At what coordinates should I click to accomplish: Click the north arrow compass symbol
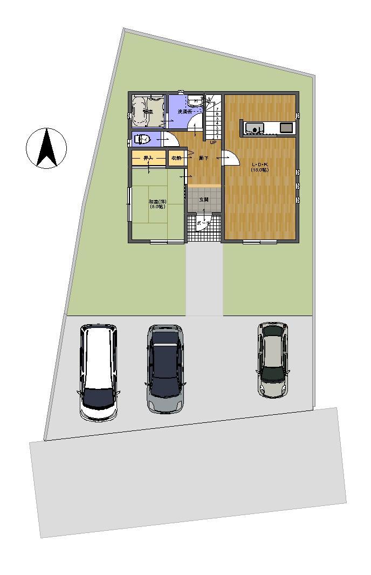click(46, 148)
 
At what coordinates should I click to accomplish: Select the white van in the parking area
click(98, 372)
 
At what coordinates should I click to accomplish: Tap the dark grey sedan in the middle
click(165, 369)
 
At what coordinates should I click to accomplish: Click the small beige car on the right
click(273, 360)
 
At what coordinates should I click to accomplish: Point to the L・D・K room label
click(259, 167)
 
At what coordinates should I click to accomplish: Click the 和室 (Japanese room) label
click(157, 204)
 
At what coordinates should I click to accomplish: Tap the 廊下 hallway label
click(203, 158)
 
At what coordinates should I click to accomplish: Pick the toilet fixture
click(143, 140)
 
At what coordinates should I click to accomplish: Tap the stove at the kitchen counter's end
click(286, 128)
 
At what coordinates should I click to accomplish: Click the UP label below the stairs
click(213, 143)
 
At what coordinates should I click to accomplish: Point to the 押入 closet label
click(148, 158)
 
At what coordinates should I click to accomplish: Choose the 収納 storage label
click(176, 158)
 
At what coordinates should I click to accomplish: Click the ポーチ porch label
click(203, 223)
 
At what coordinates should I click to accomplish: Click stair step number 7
click(217, 109)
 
